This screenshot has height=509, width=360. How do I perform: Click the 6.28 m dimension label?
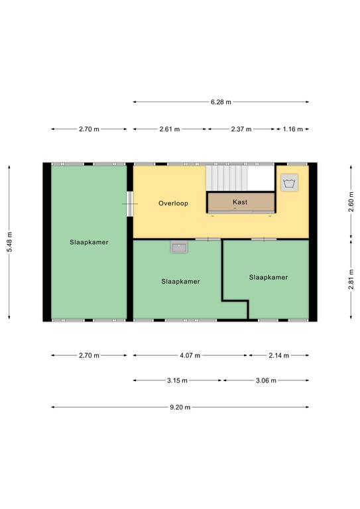pyautogui.click(x=221, y=102)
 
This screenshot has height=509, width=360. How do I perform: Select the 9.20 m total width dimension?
pyautogui.click(x=180, y=407)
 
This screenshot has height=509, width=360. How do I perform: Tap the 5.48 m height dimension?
pyautogui.click(x=9, y=242)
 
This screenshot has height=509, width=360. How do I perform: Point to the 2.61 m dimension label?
pyautogui.click(x=170, y=129)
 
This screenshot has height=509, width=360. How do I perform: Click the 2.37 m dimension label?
pyautogui.click(x=241, y=129)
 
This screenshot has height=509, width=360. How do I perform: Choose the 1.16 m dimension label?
pyautogui.click(x=292, y=129)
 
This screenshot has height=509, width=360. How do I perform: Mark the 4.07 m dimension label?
pyautogui.click(x=190, y=355)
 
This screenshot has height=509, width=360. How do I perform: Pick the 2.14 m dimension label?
pyautogui.click(x=278, y=355)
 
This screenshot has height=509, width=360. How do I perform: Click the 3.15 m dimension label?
pyautogui.click(x=177, y=380)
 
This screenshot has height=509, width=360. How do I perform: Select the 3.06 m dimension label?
pyautogui.click(x=266, y=380)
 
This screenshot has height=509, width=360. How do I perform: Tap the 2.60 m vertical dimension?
pyautogui.click(x=351, y=202)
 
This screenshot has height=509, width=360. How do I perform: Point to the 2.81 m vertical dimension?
pyautogui.click(x=351, y=280)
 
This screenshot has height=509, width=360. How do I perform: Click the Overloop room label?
pyautogui.click(x=173, y=203)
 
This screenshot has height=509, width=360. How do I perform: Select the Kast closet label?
pyautogui.click(x=240, y=202)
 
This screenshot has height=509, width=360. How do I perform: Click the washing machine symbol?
pyautogui.click(x=289, y=183)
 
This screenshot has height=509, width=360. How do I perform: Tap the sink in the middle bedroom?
pyautogui.click(x=179, y=247)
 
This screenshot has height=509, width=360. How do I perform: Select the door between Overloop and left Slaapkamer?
pyautogui.click(x=130, y=204)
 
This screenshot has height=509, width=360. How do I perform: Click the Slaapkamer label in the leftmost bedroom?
pyautogui.click(x=89, y=242)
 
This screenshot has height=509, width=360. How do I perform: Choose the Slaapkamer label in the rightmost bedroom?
pyautogui.click(x=268, y=277)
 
